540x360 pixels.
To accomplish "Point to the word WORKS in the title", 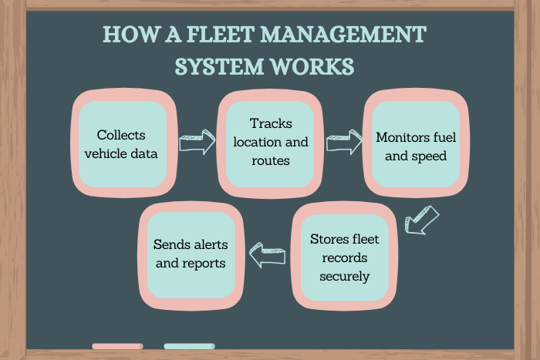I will (x=314, y=66).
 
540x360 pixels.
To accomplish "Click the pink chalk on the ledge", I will (x=117, y=346).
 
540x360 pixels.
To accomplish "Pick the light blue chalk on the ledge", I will (x=189, y=346).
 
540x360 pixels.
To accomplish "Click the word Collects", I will (x=121, y=134).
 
